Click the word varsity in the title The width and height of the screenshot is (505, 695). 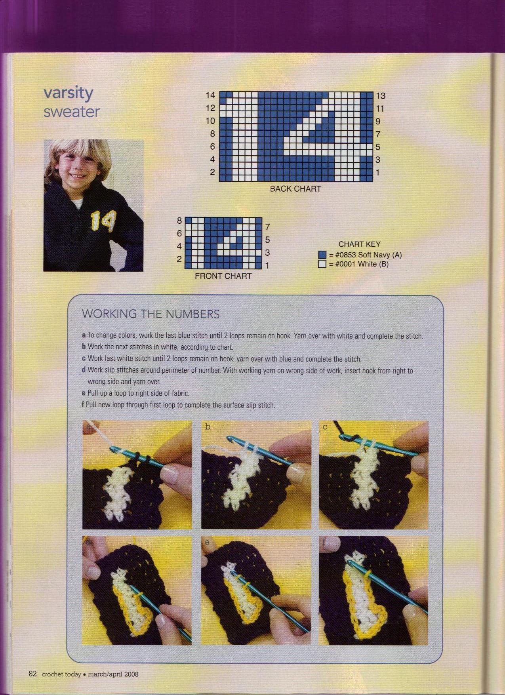pos(69,93)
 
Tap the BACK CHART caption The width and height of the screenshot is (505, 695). pos(295,189)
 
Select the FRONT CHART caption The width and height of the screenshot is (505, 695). pos(223,276)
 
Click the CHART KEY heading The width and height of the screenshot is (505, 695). pos(359,244)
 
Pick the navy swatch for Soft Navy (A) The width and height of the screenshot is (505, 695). pos(322,255)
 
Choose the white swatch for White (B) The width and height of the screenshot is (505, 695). pos(322,264)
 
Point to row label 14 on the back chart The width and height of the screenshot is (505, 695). pos(210,95)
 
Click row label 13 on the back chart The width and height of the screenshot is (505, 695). pos(381,96)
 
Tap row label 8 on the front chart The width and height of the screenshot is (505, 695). pos(179,221)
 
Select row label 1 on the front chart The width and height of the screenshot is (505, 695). pos(267,265)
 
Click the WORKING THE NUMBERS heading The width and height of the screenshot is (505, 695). pos(151,314)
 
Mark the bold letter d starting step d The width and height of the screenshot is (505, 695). pos(84,370)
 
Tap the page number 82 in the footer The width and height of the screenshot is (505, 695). pos(32,674)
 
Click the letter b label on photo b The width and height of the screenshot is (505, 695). pos(208,427)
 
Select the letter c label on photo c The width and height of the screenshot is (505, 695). pos(325,427)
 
